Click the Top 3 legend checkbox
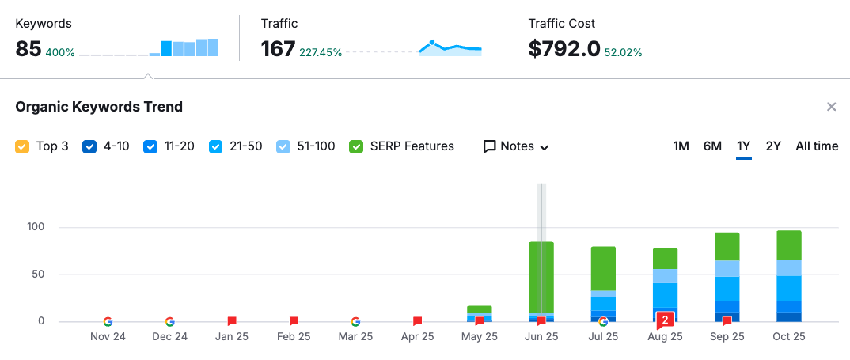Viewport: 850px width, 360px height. (22, 146)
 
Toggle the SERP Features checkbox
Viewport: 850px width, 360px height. (356, 146)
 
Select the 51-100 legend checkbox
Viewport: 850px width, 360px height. (283, 146)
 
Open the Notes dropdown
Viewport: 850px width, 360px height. (516, 146)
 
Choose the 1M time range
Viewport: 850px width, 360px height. (681, 146)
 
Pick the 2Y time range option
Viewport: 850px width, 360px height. (773, 146)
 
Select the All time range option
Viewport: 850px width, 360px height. (817, 146)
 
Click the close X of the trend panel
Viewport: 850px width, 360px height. (831, 107)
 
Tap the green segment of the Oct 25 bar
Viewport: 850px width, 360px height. (789, 245)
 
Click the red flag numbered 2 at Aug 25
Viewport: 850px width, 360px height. (666, 320)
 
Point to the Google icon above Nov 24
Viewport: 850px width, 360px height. (108, 321)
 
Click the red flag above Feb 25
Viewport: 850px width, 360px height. (294, 321)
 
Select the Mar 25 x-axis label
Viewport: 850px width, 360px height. (355, 336)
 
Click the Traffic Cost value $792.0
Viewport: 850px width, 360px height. (564, 49)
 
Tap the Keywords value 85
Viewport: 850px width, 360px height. (28, 49)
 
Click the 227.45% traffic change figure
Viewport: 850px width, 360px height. (321, 53)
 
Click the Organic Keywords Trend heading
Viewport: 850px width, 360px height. (99, 107)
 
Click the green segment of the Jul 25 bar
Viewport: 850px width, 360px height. (603, 268)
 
